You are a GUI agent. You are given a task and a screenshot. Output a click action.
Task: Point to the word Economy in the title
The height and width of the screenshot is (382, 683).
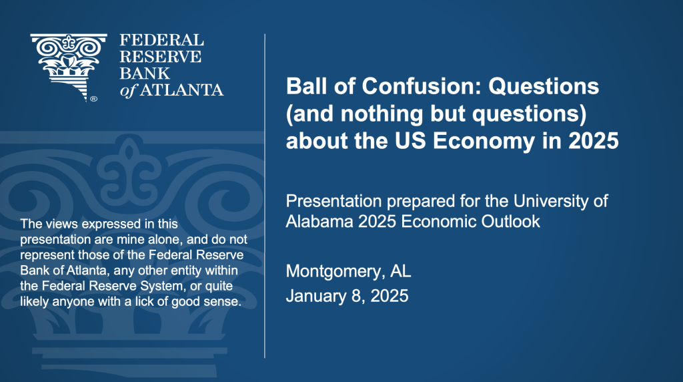[x=484, y=142]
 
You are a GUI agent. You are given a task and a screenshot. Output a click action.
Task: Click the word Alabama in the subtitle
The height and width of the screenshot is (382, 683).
[x=319, y=222]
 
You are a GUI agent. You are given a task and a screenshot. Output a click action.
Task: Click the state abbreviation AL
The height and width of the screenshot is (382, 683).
[x=400, y=270]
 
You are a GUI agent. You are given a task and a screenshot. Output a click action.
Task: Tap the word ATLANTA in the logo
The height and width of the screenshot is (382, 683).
[x=181, y=90]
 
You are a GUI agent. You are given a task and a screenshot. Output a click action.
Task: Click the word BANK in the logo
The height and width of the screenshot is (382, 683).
[x=145, y=73]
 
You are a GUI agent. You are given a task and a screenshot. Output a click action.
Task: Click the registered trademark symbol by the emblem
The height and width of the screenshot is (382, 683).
[x=93, y=99]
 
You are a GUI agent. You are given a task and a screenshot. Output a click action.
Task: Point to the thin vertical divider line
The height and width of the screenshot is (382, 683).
[x=265, y=196]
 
